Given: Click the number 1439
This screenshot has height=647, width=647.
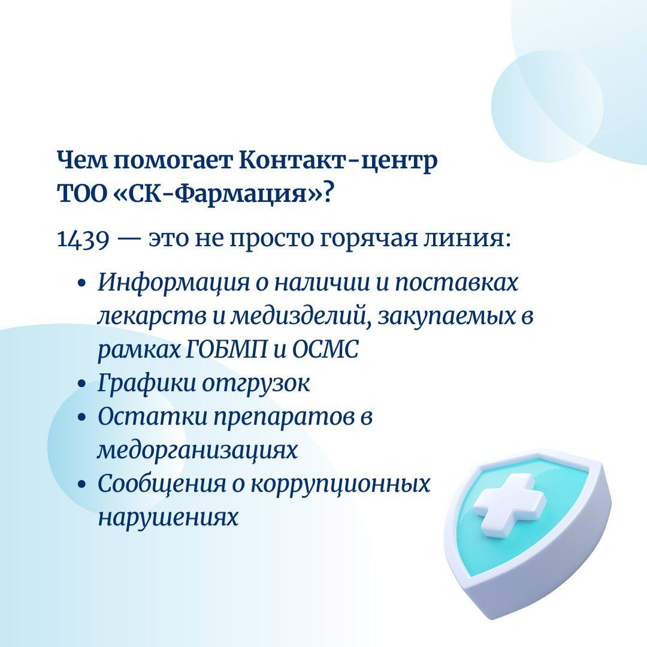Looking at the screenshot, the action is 83,239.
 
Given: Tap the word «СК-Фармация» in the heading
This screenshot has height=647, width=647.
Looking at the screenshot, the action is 217,194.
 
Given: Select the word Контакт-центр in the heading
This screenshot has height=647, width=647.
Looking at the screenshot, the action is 338,161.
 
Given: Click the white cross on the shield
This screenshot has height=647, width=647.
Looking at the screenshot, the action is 509,506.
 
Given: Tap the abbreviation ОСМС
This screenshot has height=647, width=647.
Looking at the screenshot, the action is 325,350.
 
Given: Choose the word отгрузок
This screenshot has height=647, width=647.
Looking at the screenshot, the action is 255,385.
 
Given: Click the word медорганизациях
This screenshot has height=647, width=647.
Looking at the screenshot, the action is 197,450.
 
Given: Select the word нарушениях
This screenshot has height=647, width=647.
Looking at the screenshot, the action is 168,516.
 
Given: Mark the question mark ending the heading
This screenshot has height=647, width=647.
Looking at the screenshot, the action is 328,194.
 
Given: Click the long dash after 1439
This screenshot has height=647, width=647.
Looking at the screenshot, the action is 129,240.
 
